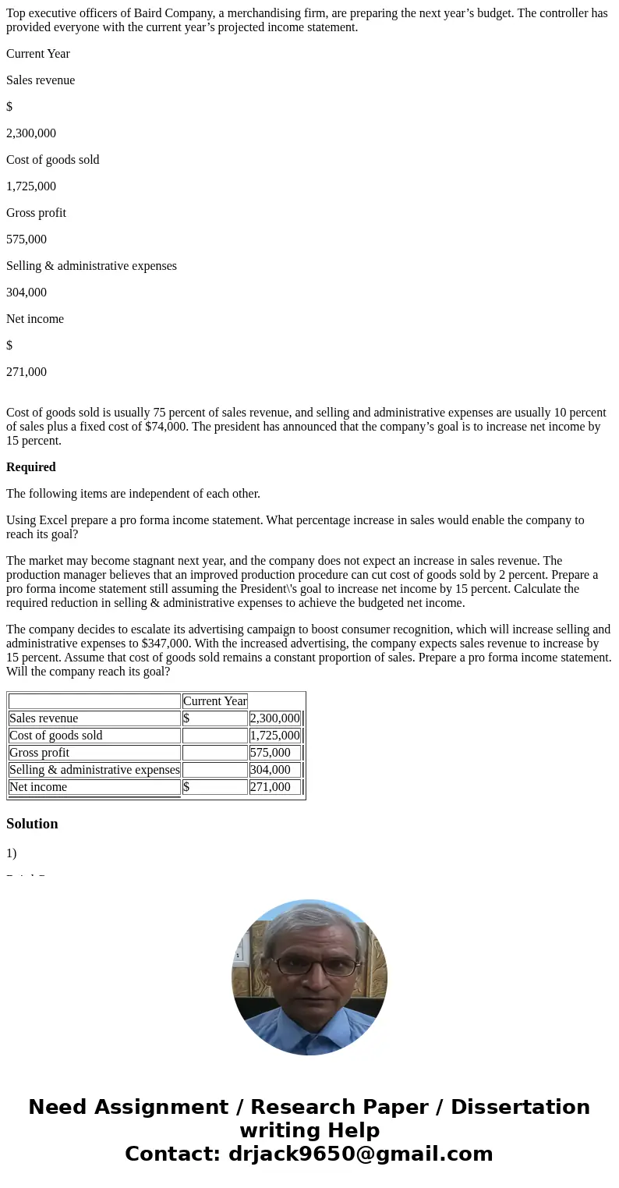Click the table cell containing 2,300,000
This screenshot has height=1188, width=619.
tap(274, 718)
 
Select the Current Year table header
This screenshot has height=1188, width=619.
tap(214, 701)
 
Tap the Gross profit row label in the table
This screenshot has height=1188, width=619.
tap(39, 753)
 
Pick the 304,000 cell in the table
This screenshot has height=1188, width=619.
tap(270, 770)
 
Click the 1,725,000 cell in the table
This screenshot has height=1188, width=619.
tap(274, 736)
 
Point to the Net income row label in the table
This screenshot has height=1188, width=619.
tap(37, 787)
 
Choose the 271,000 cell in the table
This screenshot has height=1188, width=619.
tap(270, 787)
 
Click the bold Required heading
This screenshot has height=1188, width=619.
tap(31, 467)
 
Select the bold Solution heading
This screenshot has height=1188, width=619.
tap(32, 824)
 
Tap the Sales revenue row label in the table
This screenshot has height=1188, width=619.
tap(44, 718)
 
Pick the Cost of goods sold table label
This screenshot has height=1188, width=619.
tap(55, 736)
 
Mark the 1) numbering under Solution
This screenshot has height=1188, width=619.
tap(12, 853)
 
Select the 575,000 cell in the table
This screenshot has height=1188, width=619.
tap(270, 753)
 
